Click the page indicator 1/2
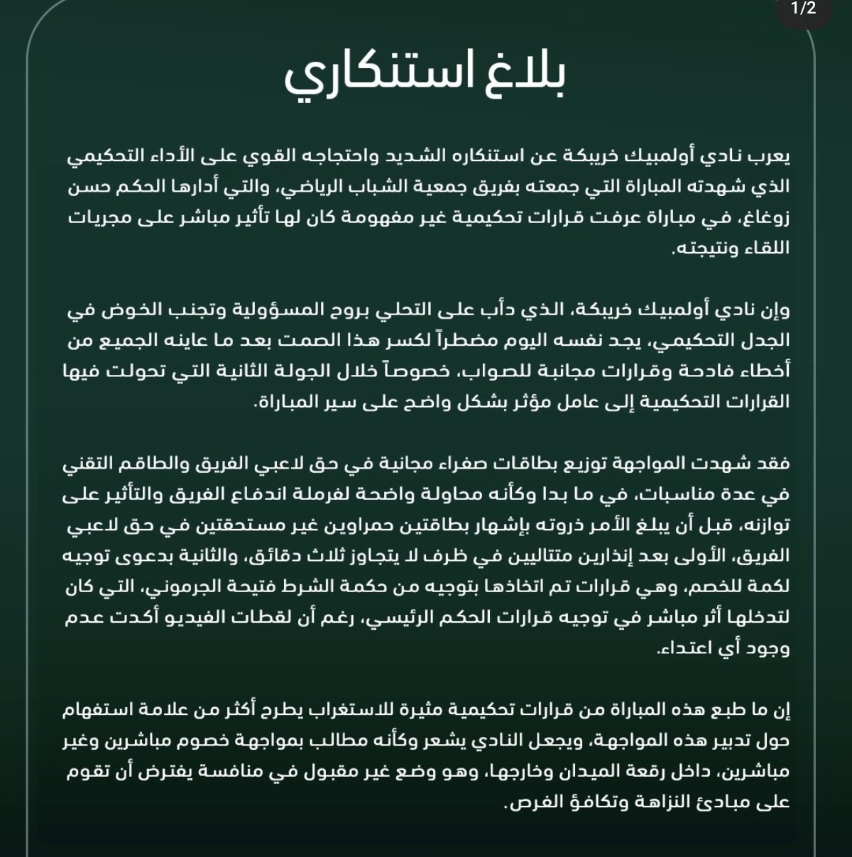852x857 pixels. tap(804, 9)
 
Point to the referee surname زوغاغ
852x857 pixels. tap(767, 218)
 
